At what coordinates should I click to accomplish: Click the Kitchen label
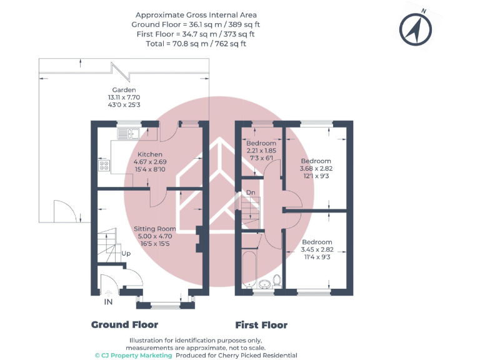click(150, 154)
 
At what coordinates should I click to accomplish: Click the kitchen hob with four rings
click(104, 166)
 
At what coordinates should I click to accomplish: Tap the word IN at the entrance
click(108, 302)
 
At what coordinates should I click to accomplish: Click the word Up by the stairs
click(126, 254)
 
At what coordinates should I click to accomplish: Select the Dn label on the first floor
click(251, 192)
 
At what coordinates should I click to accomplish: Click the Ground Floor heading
click(124, 325)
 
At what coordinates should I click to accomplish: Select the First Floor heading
click(261, 325)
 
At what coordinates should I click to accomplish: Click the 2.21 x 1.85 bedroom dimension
click(261, 151)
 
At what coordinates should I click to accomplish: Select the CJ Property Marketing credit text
click(133, 355)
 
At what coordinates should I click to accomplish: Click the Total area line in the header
click(196, 44)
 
